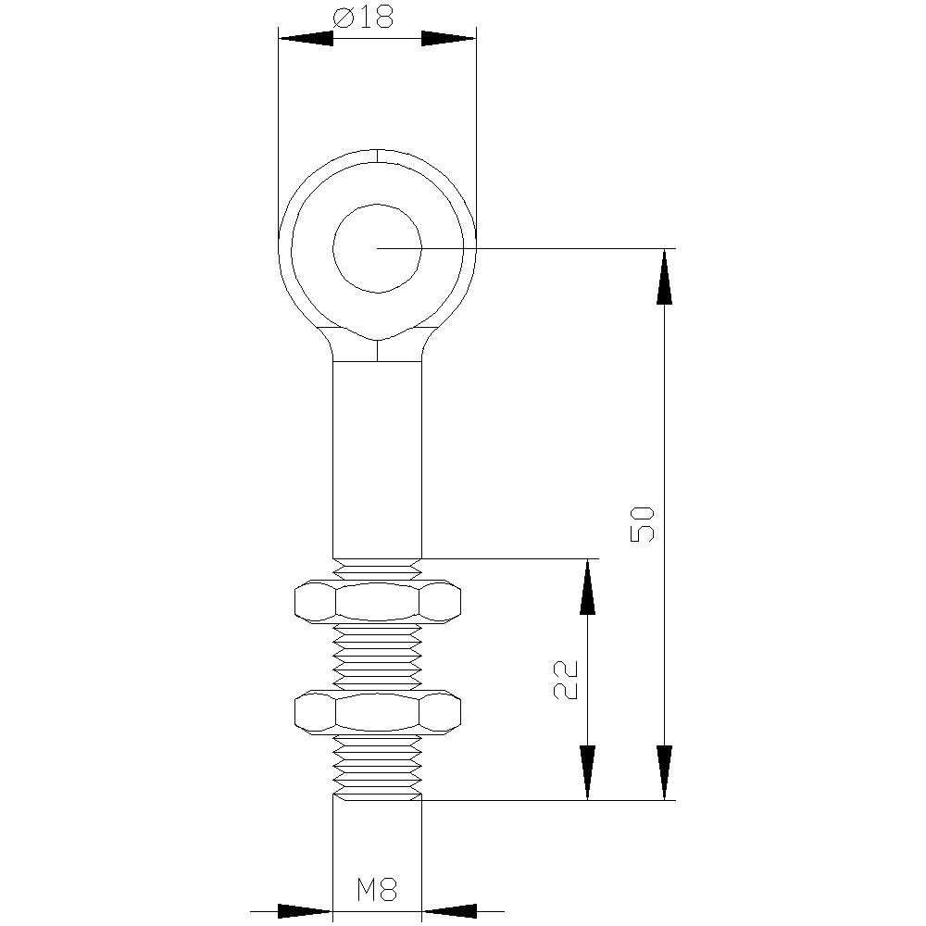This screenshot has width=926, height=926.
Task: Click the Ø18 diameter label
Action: tap(363, 17)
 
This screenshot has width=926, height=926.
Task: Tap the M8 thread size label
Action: tap(377, 891)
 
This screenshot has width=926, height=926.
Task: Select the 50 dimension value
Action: tap(643, 523)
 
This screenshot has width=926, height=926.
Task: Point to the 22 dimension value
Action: tap(566, 680)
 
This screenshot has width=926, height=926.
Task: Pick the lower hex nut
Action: tap(378, 711)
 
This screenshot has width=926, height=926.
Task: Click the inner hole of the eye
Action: tap(378, 248)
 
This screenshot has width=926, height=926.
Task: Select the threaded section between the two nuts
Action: tap(378, 656)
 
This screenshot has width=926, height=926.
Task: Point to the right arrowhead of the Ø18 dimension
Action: tap(448, 38)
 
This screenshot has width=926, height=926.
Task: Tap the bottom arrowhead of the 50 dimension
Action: tap(664, 771)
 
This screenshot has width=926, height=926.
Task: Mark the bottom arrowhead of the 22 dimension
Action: tap(587, 771)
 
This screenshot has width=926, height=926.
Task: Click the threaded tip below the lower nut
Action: tap(378, 767)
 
